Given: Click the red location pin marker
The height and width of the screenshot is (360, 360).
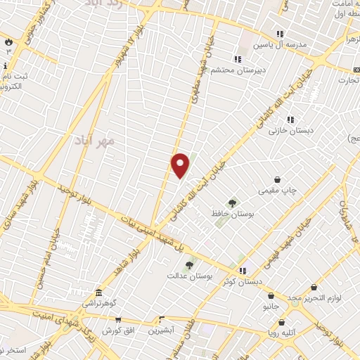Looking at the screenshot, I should tap(181, 165).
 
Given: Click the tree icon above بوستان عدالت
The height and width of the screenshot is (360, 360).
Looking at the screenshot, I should tap(188, 265).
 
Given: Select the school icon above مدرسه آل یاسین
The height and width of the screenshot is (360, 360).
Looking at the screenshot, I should tap(280, 34).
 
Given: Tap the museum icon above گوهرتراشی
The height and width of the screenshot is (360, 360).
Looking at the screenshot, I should tap(98, 292).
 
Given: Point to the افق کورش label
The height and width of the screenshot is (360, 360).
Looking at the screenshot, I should tap(116, 330).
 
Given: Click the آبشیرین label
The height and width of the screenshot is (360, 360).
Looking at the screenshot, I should tap(162, 328).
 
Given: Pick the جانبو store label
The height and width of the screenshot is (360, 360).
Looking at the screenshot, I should tap(270, 307).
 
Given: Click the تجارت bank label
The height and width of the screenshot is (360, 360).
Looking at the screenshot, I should tap(346, 81).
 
